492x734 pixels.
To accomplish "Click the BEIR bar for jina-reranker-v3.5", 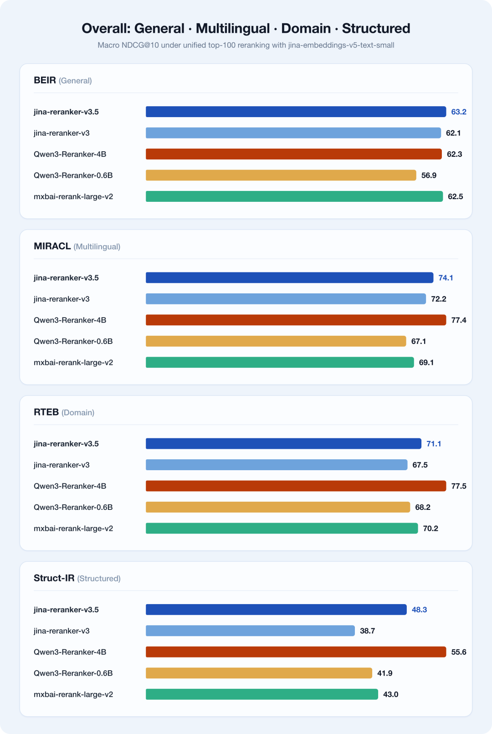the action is [x=296, y=112].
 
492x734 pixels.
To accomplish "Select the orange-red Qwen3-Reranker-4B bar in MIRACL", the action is [x=296, y=320].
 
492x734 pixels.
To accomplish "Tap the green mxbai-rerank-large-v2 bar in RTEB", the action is [x=282, y=528].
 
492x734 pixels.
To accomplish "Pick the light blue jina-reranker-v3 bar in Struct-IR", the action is [x=250, y=631].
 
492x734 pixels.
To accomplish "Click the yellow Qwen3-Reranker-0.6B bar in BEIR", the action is [x=281, y=175].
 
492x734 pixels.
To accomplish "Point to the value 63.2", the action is [x=459, y=112].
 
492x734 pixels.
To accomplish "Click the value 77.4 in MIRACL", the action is [x=459, y=320].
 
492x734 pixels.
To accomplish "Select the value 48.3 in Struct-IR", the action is [x=419, y=610].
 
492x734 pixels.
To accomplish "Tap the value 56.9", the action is [x=429, y=175].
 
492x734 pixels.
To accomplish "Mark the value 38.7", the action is [x=368, y=631].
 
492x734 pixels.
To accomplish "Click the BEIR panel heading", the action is [x=62, y=80].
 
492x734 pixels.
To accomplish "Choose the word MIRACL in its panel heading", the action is [x=52, y=246].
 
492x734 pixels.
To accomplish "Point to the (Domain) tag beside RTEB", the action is [x=78, y=412].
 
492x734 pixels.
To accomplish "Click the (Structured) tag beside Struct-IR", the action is [x=99, y=579].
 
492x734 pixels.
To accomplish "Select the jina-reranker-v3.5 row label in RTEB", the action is [x=66, y=444].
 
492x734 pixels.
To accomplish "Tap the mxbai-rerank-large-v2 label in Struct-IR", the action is [x=73, y=694].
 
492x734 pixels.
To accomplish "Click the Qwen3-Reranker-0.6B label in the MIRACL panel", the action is [x=73, y=341].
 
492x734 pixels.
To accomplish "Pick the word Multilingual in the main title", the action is [x=233, y=29].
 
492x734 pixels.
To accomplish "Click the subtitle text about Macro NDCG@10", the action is [x=246, y=45].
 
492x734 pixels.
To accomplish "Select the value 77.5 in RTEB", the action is [x=459, y=486].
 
